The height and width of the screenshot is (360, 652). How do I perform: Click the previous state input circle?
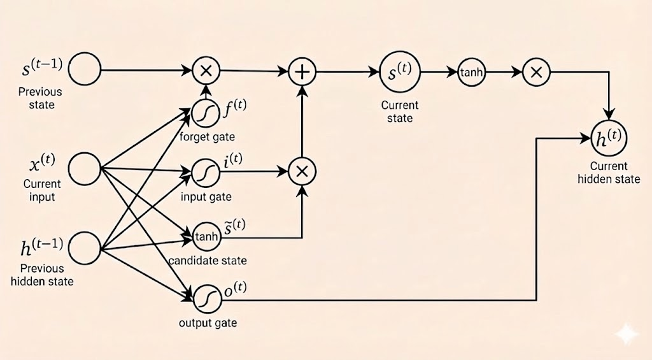coord(85,69)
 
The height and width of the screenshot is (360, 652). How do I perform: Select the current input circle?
coord(85,169)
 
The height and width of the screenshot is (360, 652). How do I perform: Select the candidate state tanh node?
coord(206,237)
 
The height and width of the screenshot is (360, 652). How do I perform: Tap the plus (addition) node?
coord(303,72)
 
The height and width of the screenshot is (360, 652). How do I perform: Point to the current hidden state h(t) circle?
coord(609,138)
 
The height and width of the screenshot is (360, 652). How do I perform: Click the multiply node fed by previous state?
coord(206,70)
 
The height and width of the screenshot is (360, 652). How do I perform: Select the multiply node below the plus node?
coord(303,171)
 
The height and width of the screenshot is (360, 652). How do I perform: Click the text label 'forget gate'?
coord(208,137)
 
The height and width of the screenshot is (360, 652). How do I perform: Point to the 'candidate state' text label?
coord(208,261)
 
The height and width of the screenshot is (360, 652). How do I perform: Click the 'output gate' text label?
coord(208,322)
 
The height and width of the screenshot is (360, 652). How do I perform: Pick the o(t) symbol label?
coord(236,291)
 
